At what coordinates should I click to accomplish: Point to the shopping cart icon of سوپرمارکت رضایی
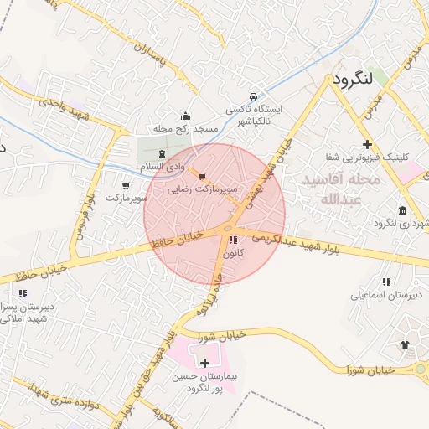click(202, 176)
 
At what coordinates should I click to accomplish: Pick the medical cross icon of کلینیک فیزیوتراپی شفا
click(367, 144)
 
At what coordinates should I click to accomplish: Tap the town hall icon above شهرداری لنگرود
click(404, 209)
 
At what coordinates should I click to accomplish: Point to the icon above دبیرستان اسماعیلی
click(385, 282)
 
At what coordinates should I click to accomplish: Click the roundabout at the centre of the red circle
click(227, 228)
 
